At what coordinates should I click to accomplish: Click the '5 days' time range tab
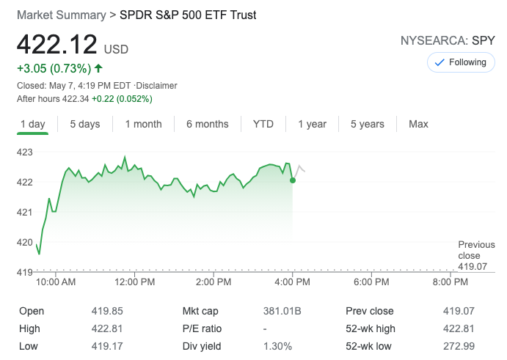pos(85,124)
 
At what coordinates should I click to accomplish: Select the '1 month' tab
pos(143,124)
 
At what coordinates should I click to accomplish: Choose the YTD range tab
pos(263,124)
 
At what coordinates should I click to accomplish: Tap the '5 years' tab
pos(367,124)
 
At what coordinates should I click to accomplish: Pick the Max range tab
pos(418,124)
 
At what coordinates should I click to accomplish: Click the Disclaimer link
pos(156,86)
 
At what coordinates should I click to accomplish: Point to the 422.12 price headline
pos(57,45)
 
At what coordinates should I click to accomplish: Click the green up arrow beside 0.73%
pos(98,69)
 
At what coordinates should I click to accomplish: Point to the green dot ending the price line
pos(293,180)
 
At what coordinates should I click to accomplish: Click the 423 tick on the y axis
pos(25,152)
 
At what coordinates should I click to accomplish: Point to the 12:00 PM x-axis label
pos(135,282)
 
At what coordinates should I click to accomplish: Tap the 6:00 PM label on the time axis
pos(372,282)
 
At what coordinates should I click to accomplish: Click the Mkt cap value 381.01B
pos(282,311)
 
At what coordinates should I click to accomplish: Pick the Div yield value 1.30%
pos(277,346)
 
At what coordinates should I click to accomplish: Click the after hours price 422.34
pos(74,99)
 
